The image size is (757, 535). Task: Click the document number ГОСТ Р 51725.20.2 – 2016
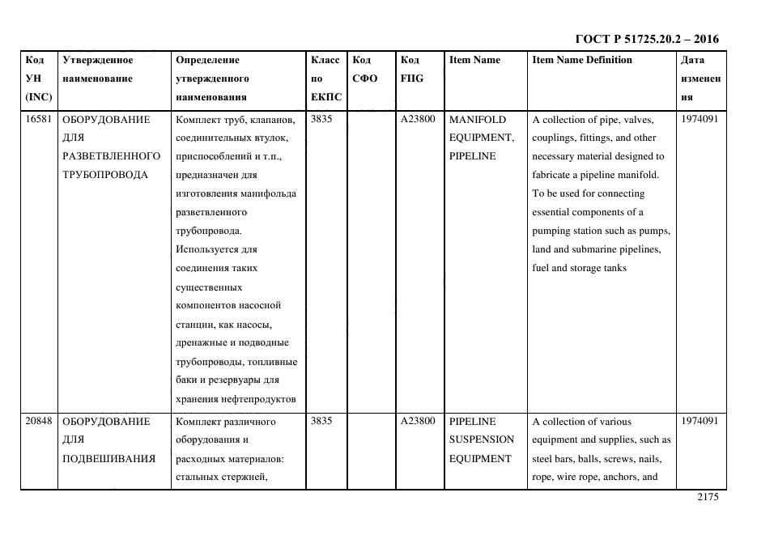coord(646,39)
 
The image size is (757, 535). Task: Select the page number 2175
coord(708,498)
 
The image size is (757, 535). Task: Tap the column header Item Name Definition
coord(581,60)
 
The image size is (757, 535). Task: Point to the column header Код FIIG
coord(411,70)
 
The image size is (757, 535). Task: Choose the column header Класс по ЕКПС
coord(325,79)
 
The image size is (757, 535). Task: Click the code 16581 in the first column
coord(38,119)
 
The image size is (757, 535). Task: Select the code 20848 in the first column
coord(38,421)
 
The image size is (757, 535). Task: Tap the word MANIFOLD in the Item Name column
coord(477,119)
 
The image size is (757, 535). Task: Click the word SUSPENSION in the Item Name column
coord(481,439)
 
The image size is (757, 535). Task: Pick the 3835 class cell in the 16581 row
coord(320,119)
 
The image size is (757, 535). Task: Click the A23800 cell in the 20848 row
coord(417,421)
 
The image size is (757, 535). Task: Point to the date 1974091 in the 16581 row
coord(700,119)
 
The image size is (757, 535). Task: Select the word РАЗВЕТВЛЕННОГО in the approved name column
coord(111,156)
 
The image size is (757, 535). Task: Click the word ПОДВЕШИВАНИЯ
coord(108,459)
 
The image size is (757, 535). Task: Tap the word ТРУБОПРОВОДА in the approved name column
coord(104,175)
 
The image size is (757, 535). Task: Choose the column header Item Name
coord(474,60)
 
